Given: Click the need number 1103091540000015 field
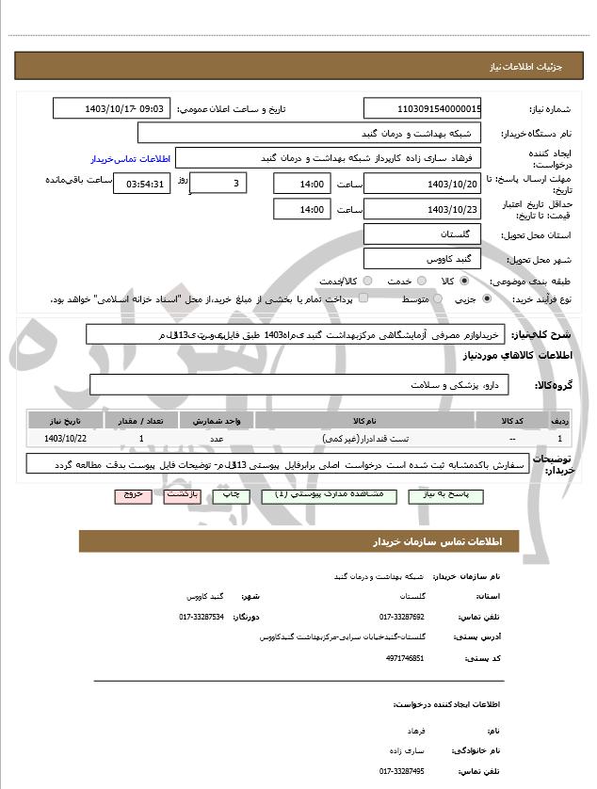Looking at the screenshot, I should pyautogui.click(x=423, y=108).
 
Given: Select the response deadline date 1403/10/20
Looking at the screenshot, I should pyautogui.click(x=423, y=184).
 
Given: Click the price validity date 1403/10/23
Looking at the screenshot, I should pyautogui.click(x=423, y=209).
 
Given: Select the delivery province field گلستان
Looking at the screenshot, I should pyautogui.click(x=423, y=233).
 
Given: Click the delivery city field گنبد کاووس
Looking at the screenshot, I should pyautogui.click(x=423, y=257).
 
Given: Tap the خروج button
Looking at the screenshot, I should pyautogui.click(x=133, y=494).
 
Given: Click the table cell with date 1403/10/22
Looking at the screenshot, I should pyautogui.click(x=66, y=439).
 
